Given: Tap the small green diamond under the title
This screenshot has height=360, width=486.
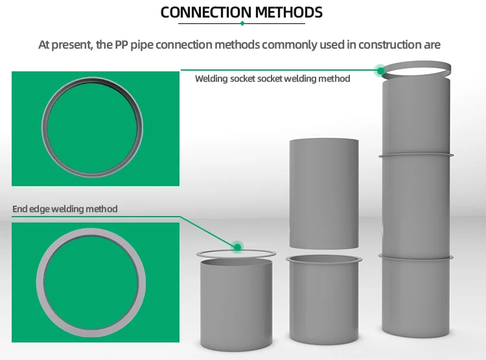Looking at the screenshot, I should point(242,23).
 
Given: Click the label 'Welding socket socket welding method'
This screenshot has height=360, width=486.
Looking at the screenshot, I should point(272,78).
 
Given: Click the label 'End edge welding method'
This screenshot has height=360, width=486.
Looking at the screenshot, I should point(65,209).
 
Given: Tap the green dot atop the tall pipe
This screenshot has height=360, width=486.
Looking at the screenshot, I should point(380,70).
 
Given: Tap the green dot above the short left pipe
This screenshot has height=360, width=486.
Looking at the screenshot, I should point(237,246).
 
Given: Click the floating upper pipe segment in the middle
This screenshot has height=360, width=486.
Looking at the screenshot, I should point(323,193).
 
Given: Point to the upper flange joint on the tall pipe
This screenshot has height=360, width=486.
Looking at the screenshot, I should point(416,156).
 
